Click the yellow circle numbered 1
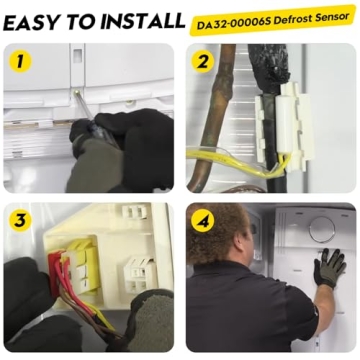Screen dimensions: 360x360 point(20,62)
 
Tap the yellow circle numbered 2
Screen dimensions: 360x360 point(203,62)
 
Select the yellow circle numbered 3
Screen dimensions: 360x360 point(20,221)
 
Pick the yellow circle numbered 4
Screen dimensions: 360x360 point(203,221)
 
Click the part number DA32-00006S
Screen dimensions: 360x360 point(230,24)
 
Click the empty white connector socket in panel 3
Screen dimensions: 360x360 point(139,273)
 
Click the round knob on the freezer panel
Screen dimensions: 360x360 point(322,230)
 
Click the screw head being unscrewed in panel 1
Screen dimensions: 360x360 point(77,93)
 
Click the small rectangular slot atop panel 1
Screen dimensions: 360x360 point(77,55)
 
